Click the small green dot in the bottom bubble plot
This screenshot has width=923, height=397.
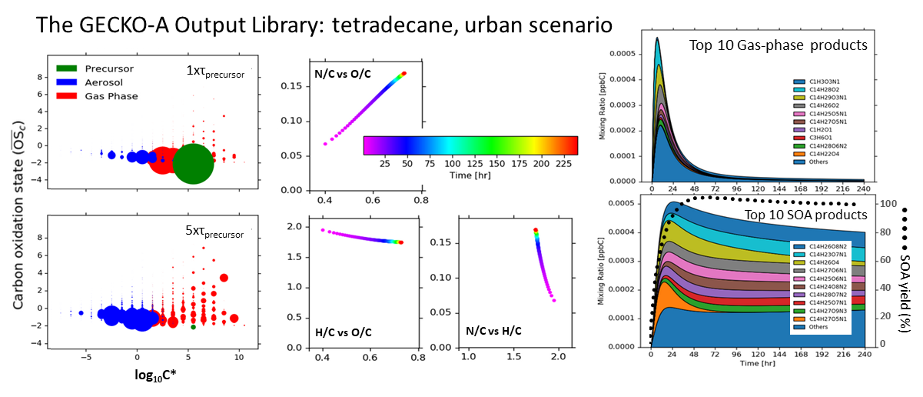[193, 327]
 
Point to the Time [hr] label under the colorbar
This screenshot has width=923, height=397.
[470, 175]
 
